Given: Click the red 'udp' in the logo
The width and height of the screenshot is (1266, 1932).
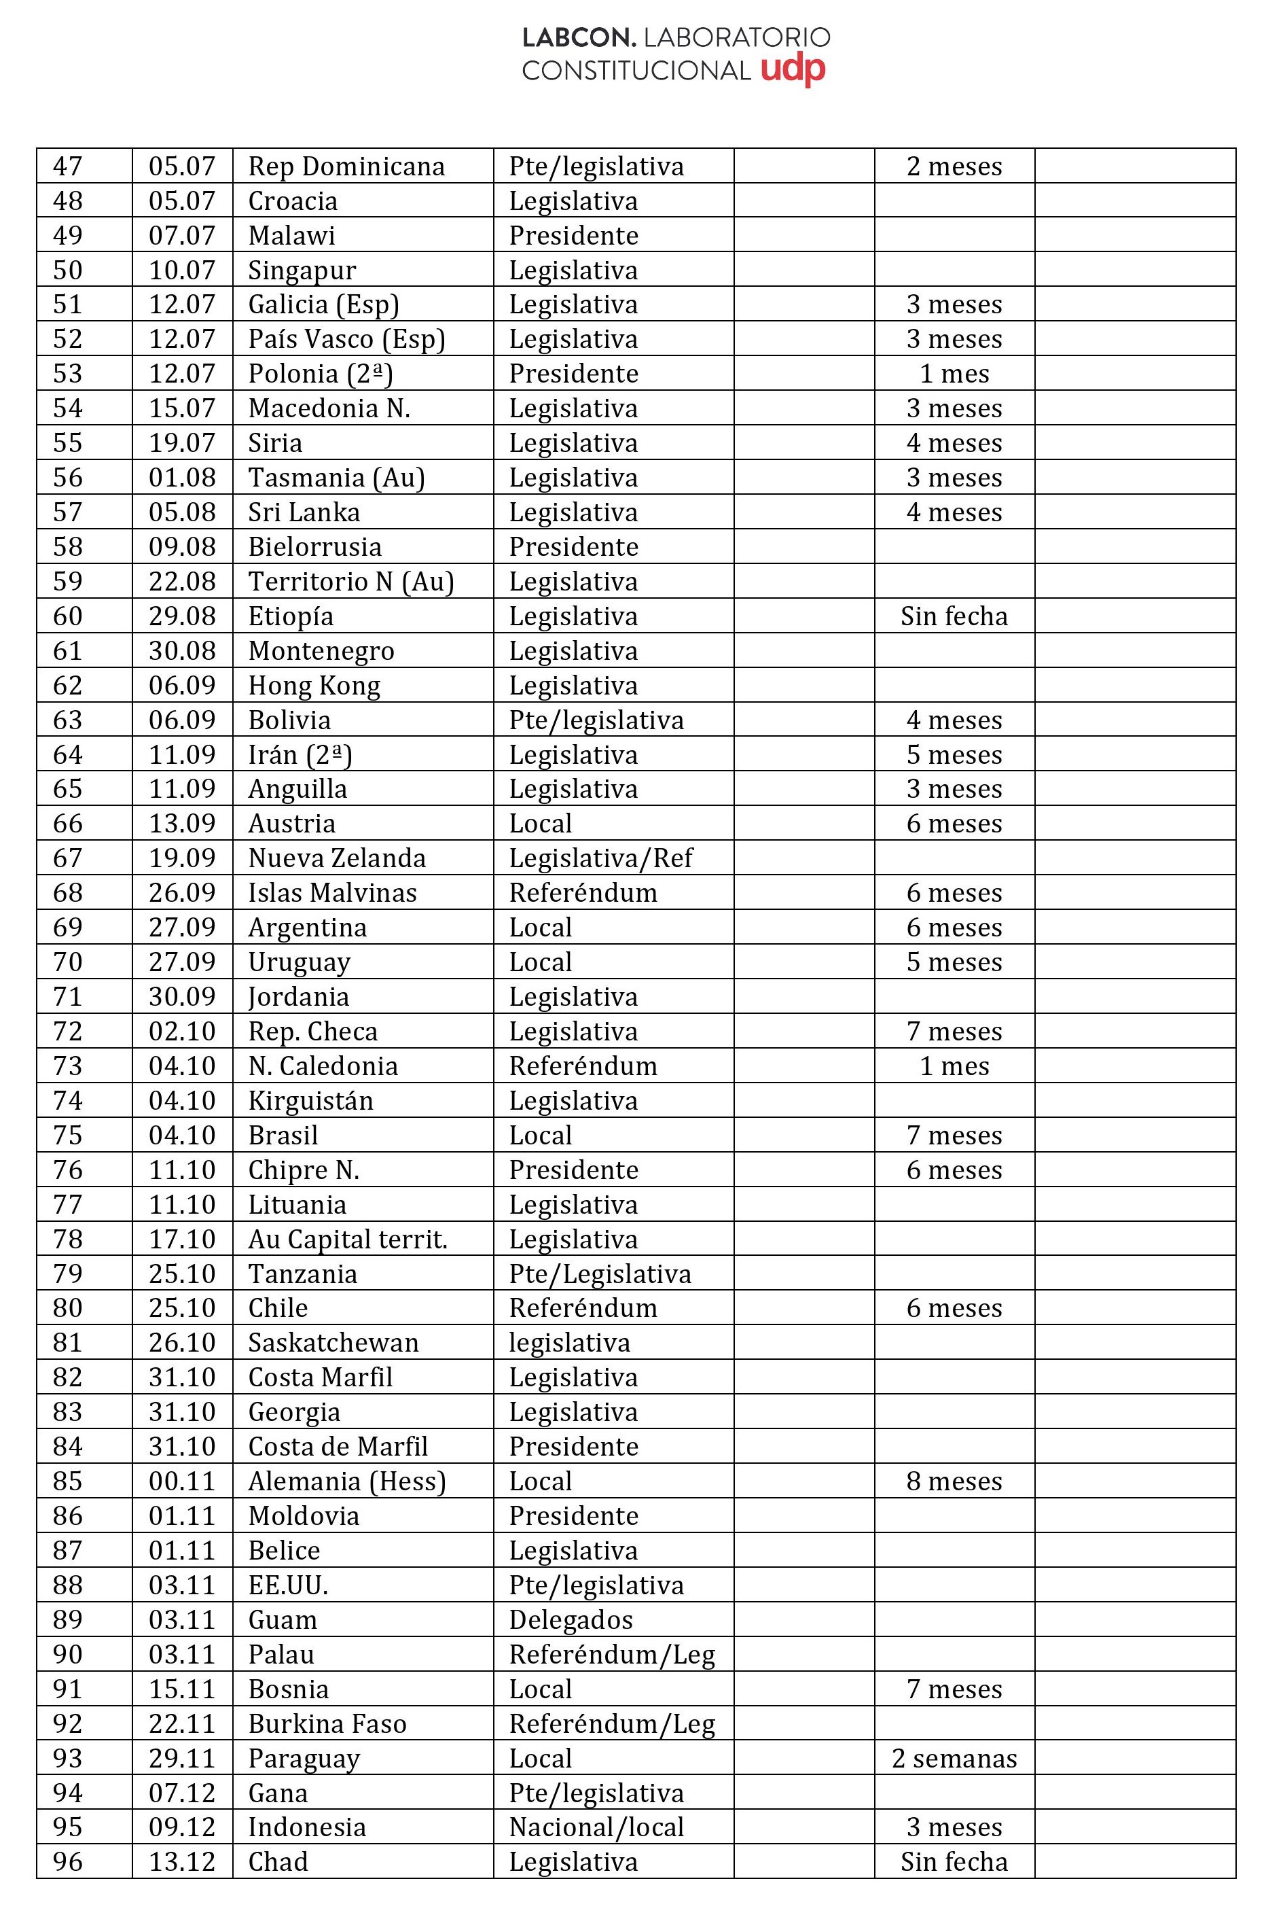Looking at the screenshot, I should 793,70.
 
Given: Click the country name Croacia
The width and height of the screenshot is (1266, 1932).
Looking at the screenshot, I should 292,200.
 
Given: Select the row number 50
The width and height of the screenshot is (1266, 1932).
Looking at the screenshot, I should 67,270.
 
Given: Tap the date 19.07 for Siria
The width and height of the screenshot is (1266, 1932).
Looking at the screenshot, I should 182,442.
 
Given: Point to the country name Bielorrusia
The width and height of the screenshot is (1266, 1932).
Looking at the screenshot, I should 315,546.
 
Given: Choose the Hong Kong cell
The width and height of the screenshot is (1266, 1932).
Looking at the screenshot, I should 314,685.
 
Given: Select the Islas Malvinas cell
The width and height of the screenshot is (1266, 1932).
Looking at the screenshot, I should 332,892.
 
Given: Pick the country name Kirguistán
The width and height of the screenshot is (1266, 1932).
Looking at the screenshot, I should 311,1100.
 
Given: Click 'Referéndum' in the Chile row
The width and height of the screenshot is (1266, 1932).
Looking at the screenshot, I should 583,1307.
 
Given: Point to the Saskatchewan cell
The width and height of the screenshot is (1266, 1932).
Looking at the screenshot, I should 333,1342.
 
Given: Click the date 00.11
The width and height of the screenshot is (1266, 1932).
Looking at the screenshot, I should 182,1481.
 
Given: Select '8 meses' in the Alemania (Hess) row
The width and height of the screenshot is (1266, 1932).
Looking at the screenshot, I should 954,1481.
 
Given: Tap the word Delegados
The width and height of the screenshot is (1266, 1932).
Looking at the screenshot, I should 571,1619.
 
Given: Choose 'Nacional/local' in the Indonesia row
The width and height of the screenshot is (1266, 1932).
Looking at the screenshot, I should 596,1827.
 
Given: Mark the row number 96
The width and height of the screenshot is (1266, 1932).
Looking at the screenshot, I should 67,1861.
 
